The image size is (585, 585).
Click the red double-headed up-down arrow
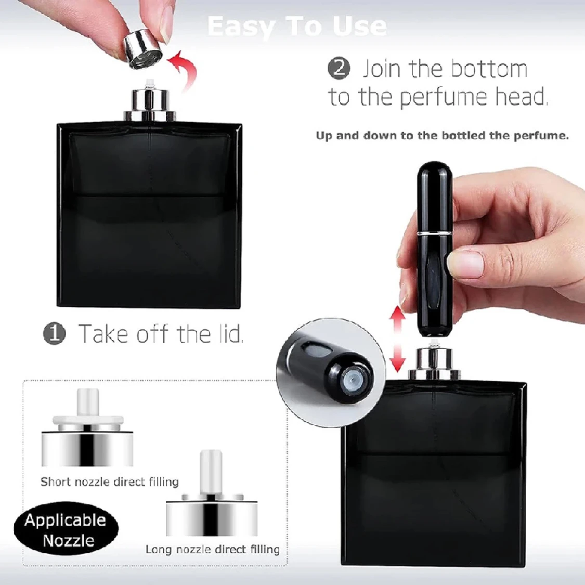click(x=398, y=339)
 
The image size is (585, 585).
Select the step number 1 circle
click(x=55, y=333)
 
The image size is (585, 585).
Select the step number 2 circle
click(x=339, y=69)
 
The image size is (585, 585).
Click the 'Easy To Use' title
click(x=297, y=26)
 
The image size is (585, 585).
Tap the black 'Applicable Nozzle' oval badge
click(x=66, y=530)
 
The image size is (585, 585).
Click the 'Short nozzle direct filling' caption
click(x=110, y=482)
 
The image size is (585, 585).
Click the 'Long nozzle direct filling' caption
click(x=212, y=550)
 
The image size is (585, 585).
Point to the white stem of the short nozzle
click(x=88, y=404)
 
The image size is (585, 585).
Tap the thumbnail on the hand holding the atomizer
click(x=466, y=262)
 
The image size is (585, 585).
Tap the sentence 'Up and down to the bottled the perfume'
click(x=442, y=136)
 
